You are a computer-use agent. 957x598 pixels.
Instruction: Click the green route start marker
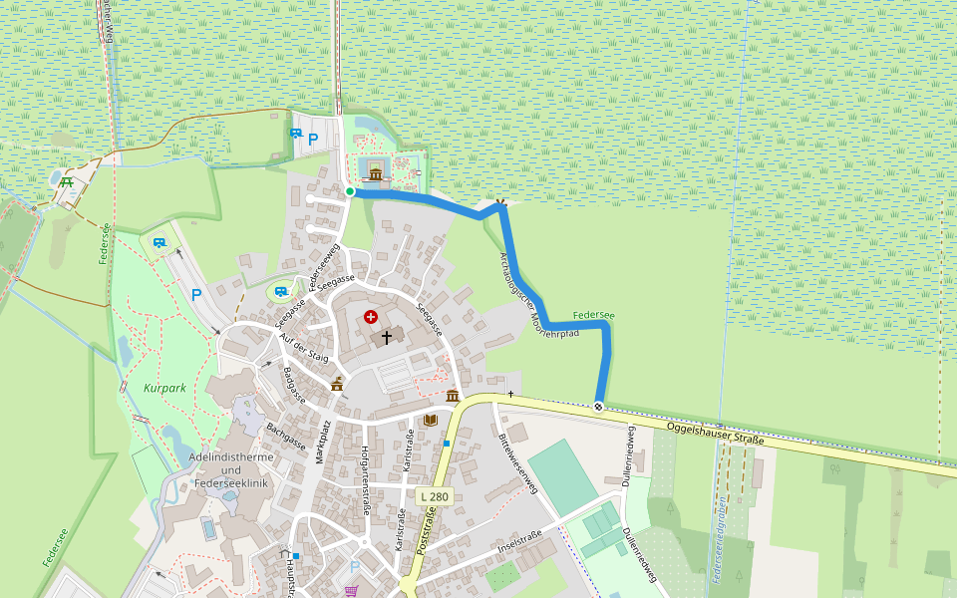click(350, 191)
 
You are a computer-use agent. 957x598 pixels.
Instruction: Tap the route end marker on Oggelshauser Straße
click(598, 406)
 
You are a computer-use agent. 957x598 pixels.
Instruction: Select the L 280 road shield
click(434, 496)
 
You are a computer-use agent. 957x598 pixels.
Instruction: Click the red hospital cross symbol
click(371, 317)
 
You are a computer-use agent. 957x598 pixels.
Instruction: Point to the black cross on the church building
click(387, 338)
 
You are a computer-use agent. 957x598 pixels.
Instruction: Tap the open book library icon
click(431, 420)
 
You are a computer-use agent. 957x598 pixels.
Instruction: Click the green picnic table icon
click(67, 181)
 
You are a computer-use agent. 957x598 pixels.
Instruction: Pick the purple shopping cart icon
click(351, 590)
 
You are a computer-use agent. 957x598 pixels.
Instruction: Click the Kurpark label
click(164, 387)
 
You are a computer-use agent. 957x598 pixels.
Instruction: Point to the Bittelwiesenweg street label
click(516, 461)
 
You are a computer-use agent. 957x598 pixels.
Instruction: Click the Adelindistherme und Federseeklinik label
click(230, 469)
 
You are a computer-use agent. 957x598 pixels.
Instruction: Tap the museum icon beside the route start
click(376, 175)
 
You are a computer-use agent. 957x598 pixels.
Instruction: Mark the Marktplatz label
click(325, 445)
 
